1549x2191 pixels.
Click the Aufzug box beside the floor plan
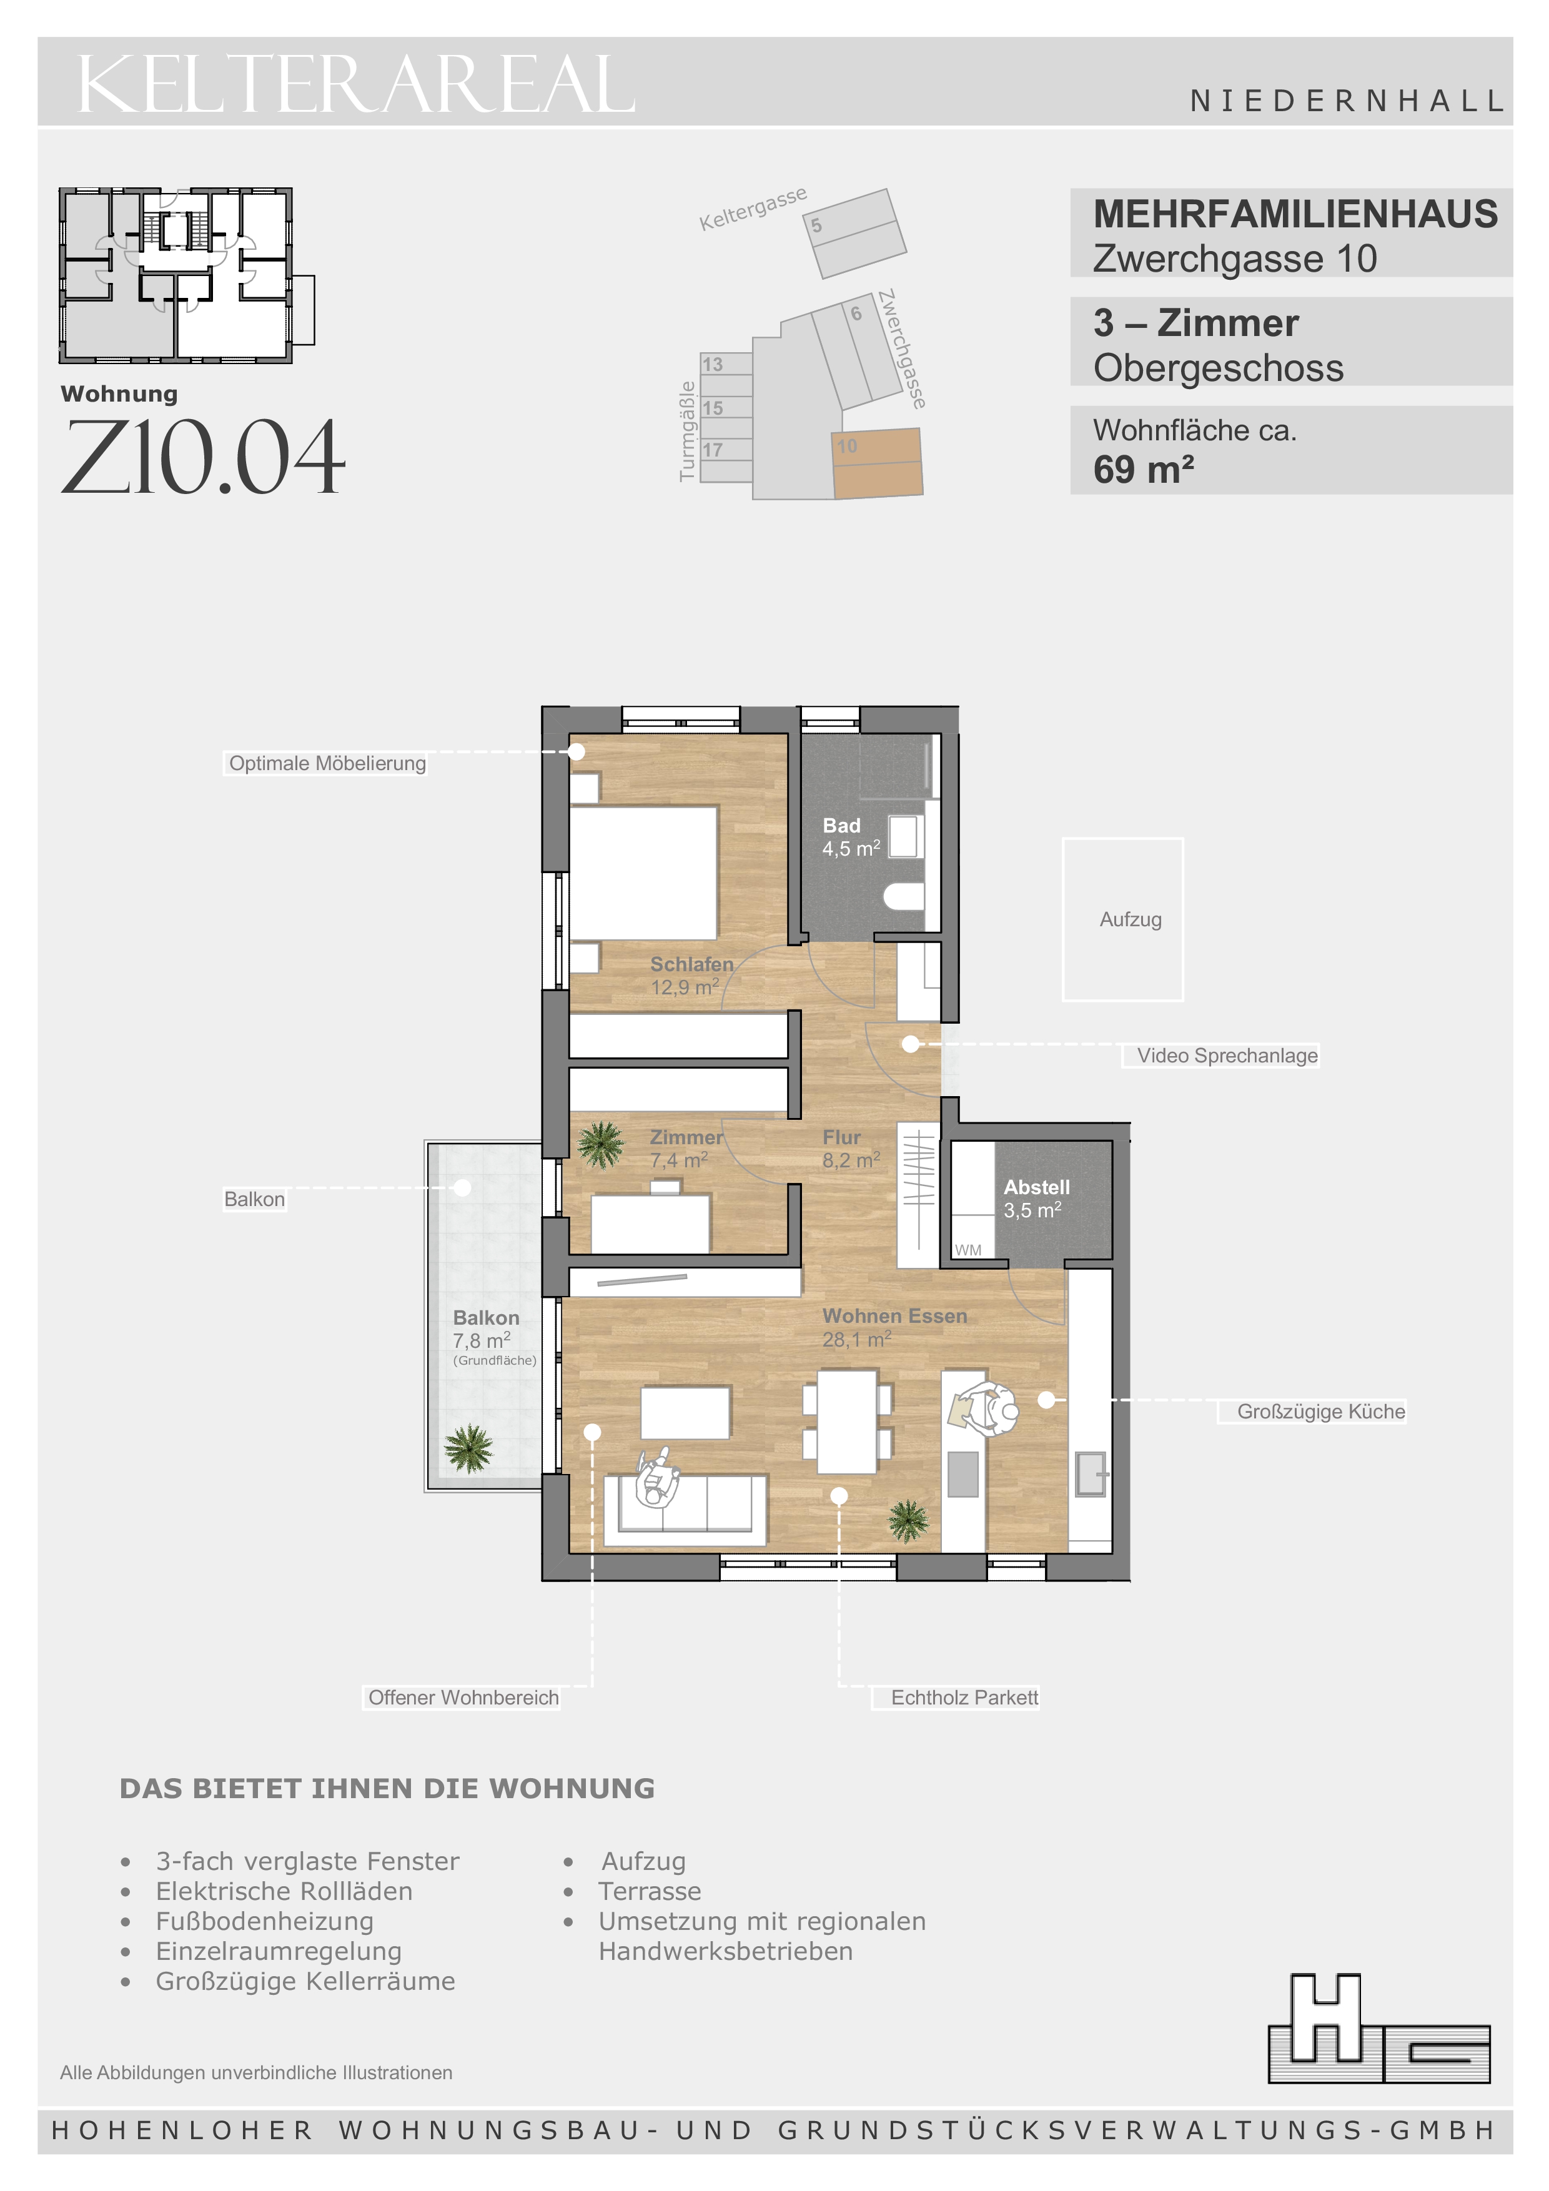point(1122,919)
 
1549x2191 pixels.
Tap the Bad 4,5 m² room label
point(850,837)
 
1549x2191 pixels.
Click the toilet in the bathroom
point(904,895)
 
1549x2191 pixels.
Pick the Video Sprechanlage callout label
point(1227,1056)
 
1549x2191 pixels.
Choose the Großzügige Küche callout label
point(1321,1412)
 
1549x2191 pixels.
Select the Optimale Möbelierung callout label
point(327,763)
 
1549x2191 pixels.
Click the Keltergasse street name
point(753,208)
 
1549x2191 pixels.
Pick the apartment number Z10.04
point(202,458)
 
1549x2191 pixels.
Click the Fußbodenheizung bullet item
point(264,1921)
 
